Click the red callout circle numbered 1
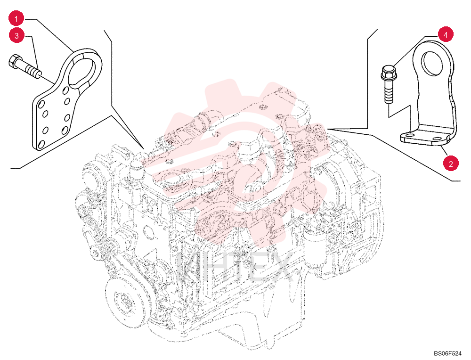(x=16, y=19)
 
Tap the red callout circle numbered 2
(x=451, y=164)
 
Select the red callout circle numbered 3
(x=16, y=35)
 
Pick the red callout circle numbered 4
(x=446, y=35)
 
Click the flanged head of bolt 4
(x=387, y=72)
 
